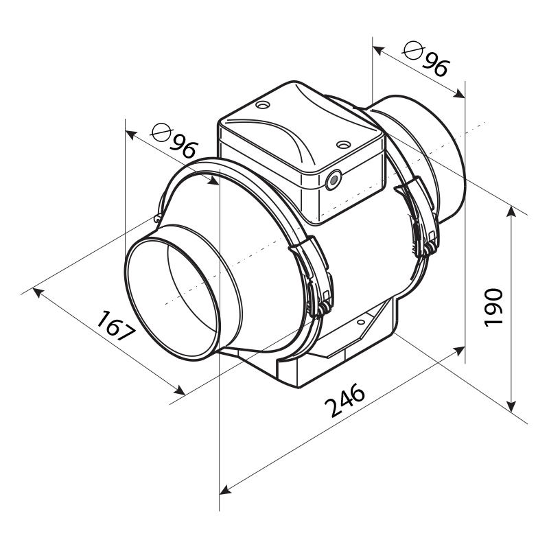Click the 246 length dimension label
(345, 400)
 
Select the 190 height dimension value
(493, 307)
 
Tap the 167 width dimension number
(116, 326)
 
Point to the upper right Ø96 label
(425, 59)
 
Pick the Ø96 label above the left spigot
(174, 141)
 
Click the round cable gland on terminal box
(333, 180)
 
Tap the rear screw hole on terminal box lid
(263, 105)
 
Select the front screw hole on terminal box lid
(343, 144)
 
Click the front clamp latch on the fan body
(314, 277)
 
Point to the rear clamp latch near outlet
(419, 217)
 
